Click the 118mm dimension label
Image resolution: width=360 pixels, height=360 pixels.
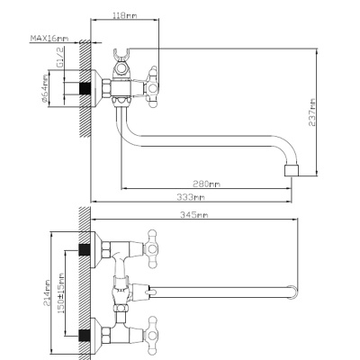(x=125, y=15)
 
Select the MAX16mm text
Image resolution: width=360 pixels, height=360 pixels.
(x=49, y=39)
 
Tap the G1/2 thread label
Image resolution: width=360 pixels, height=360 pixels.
(x=60, y=58)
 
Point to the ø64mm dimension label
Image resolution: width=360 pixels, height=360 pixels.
(x=45, y=88)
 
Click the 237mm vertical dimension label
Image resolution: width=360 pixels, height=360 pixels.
(x=312, y=112)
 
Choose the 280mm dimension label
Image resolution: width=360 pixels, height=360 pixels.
(x=206, y=184)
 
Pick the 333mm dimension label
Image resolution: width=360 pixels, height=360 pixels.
(x=191, y=197)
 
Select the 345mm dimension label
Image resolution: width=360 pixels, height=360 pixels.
(x=194, y=215)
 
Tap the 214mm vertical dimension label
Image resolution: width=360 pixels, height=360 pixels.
(x=47, y=293)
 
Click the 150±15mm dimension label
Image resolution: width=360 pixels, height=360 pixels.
(x=61, y=293)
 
